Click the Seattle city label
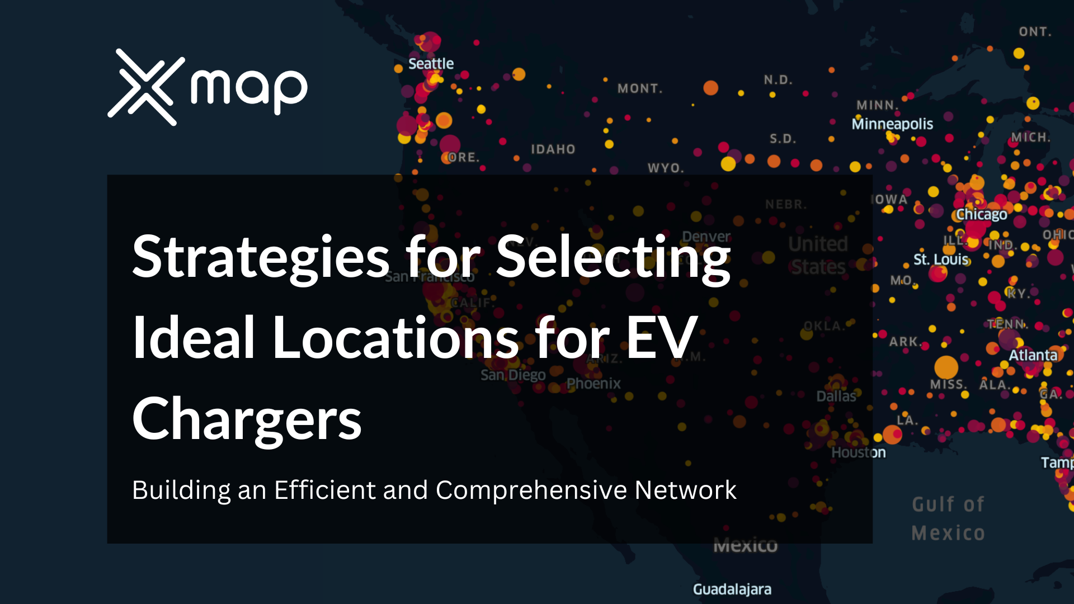pos(431,64)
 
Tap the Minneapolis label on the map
pos(892,124)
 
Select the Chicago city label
pos(981,214)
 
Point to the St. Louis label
pos(941,259)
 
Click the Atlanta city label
pos(1033,355)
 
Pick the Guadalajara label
pos(732,589)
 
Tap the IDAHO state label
pos(553,149)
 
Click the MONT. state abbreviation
pos(640,88)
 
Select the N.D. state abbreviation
pos(778,80)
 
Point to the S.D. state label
pos(783,139)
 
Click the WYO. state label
pos(666,168)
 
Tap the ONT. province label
pos(1035,32)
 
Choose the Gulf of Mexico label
pos(948,518)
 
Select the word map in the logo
pos(249,88)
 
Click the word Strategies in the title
pos(261,257)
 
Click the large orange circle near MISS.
pos(946,367)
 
